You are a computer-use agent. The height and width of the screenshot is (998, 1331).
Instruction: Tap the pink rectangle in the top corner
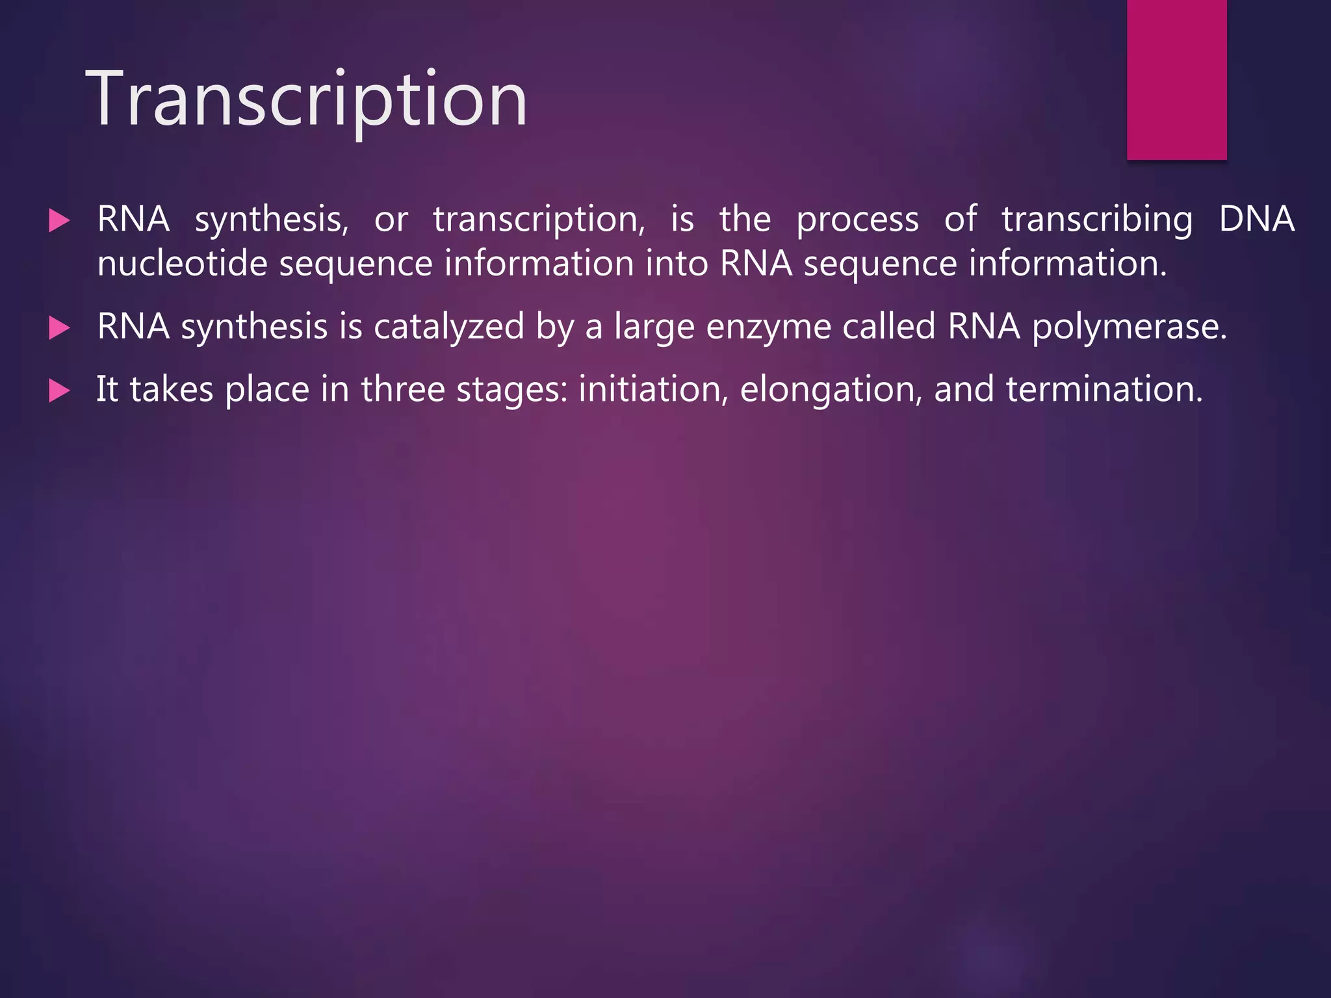tap(1176, 79)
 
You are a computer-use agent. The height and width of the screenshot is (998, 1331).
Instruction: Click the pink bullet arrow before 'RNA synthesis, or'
tap(59, 221)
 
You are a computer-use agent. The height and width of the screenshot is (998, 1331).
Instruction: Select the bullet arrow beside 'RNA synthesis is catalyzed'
tap(59, 328)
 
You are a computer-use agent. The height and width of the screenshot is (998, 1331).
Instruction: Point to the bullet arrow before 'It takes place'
tap(59, 391)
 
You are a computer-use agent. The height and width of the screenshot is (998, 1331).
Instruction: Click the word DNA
tap(1256, 219)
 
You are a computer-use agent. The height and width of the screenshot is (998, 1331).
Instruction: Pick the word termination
tap(1104, 390)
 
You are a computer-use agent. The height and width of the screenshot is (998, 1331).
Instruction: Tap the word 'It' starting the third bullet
tap(107, 389)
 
